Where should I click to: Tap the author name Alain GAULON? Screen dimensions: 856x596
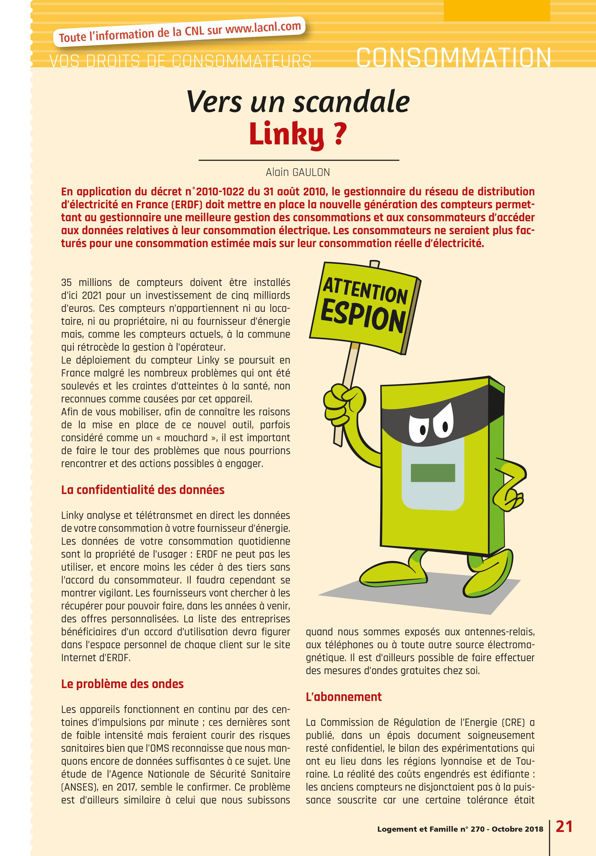coord(298,172)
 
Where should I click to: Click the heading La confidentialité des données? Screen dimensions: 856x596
coord(143,490)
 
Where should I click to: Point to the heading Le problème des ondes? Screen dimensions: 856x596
coord(122,684)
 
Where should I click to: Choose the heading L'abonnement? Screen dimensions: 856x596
coord(344,697)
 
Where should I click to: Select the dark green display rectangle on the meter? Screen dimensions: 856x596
coord(433,473)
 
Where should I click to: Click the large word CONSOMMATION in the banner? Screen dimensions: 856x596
coord(453,58)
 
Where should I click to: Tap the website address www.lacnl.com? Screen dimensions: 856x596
coord(263,28)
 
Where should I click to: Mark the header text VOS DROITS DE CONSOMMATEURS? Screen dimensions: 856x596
coord(180,61)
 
